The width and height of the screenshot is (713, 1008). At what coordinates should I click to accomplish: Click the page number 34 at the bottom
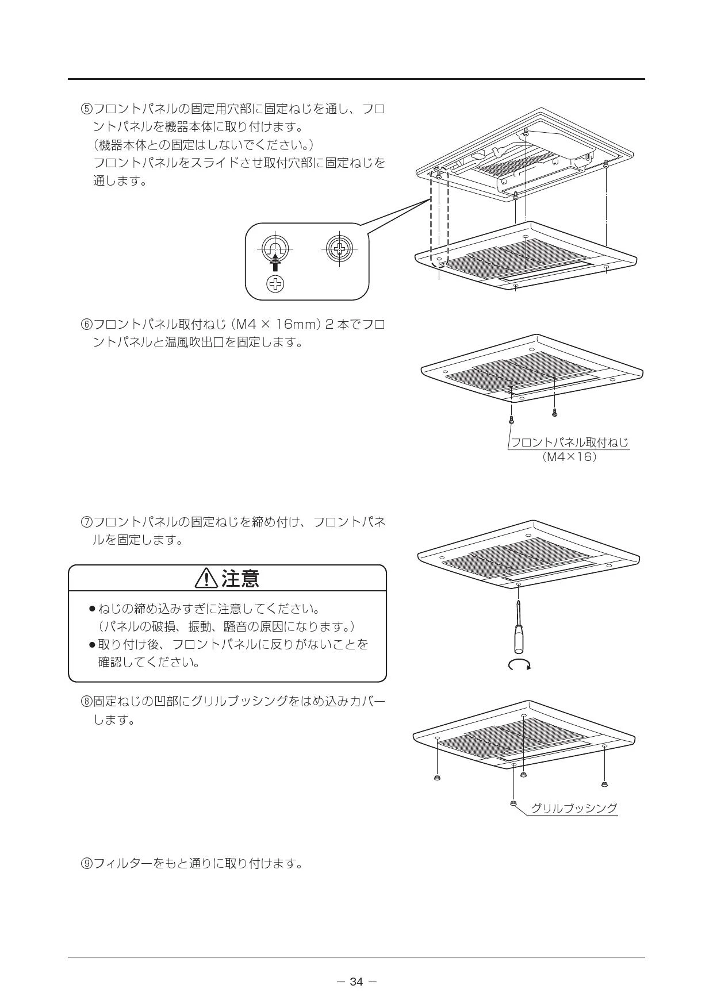point(356,982)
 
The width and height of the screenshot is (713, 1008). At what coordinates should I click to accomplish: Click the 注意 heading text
point(240,579)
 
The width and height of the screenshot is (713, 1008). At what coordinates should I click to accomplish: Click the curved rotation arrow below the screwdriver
point(520,665)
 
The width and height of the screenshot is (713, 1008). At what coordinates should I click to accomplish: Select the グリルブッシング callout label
point(573,808)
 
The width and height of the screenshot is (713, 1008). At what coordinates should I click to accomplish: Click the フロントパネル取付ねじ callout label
point(569,443)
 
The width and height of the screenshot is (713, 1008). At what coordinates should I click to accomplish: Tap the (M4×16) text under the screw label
point(569,457)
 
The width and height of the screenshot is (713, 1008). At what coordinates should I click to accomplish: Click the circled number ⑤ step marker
point(86,109)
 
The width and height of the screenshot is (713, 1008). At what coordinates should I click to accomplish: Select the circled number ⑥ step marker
point(86,324)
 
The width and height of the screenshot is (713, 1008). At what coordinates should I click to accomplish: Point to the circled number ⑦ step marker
point(86,522)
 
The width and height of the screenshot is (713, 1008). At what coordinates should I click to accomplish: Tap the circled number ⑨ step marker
point(86,863)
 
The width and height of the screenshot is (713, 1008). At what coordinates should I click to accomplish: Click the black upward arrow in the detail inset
point(276,261)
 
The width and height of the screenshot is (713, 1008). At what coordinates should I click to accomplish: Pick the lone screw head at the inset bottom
point(277,283)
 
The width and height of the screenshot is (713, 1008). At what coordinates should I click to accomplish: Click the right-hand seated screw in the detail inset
point(340,249)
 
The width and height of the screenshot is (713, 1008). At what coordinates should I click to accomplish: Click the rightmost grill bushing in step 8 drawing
point(604,784)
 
